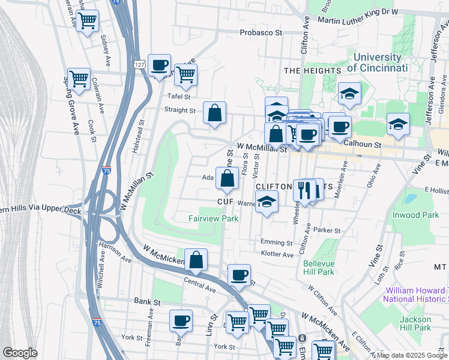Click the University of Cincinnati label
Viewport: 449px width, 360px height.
[377, 62]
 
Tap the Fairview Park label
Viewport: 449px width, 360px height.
[214, 218]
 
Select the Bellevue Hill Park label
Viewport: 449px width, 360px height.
[319, 268]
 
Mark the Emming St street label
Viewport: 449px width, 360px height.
[276, 242]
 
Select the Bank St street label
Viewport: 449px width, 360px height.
[146, 301]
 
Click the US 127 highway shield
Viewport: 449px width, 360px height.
[139, 64]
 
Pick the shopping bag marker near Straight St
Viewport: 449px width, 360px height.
[214, 112]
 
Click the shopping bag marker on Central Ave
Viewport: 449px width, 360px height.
[196, 260]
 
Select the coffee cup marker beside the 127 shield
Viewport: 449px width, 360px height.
[159, 65]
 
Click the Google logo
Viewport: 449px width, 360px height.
[20, 353]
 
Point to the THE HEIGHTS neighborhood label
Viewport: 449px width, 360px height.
[312, 71]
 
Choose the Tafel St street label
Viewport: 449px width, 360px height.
[179, 97]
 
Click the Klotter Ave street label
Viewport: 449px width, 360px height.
[277, 254]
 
